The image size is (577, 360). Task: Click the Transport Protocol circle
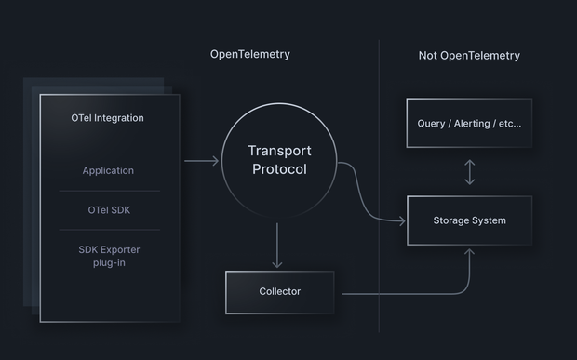point(279,160)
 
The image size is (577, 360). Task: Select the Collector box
point(279,292)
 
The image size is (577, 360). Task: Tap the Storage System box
point(469,220)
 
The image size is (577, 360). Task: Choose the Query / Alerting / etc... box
point(469,123)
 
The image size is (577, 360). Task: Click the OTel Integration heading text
point(107,118)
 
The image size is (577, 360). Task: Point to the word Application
point(108,170)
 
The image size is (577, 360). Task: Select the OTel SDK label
point(109,210)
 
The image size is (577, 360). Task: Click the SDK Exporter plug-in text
point(109,257)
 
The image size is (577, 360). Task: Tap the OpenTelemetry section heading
point(249,55)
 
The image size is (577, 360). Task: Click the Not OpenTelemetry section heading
point(469,56)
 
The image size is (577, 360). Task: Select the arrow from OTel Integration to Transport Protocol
point(201,161)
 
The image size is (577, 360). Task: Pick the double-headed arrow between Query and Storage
point(469,172)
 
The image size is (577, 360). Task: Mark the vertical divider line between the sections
point(379,186)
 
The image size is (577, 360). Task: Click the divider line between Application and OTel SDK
point(109,191)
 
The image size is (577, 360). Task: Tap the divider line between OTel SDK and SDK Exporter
point(109,230)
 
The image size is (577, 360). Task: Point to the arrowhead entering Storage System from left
point(402,221)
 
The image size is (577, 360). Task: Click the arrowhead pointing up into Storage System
point(469,251)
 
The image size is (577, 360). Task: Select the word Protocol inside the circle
point(279,169)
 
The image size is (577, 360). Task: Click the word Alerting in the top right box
point(472,124)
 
